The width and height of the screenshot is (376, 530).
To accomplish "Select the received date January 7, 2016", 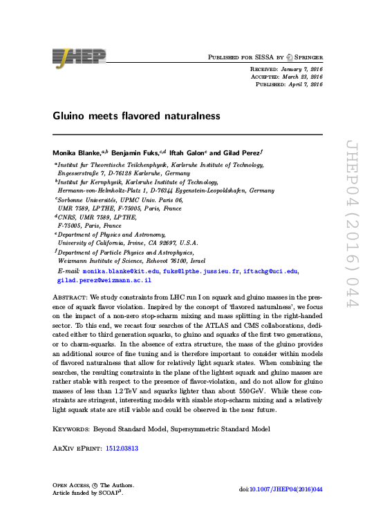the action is point(302,69).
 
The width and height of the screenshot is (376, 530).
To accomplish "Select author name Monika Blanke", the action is point(76,151).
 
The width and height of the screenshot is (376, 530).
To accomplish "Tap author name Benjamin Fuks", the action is point(135,151).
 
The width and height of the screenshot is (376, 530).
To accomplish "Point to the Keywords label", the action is point(73,428).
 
